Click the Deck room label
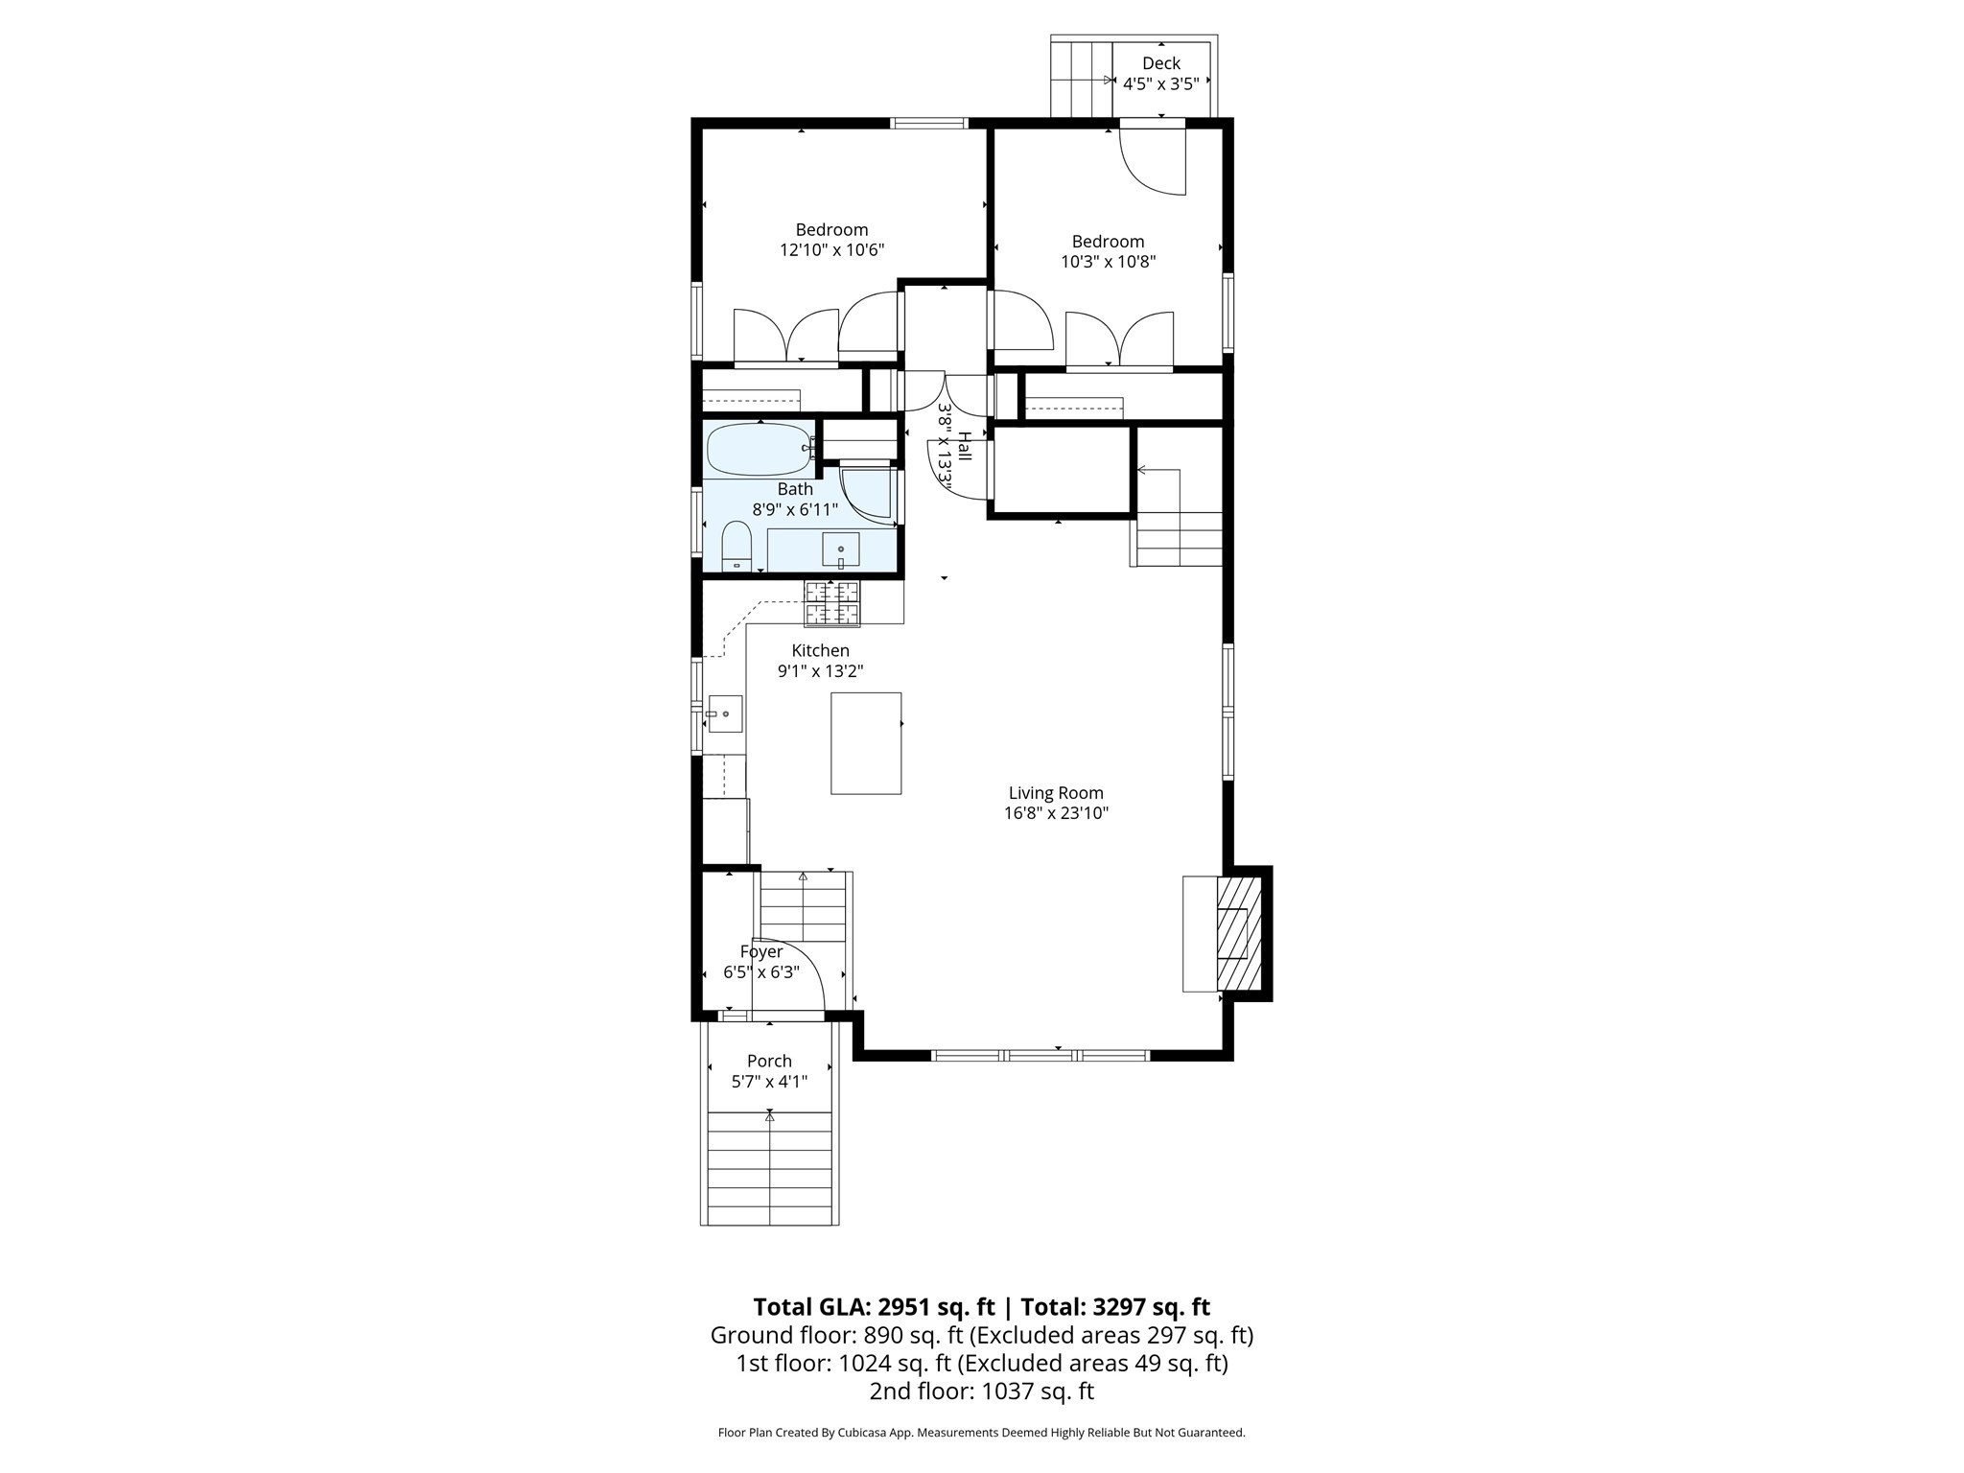1160,63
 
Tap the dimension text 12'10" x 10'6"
831,250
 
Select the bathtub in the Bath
759,449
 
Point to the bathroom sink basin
841,550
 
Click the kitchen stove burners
831,603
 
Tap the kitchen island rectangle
865,743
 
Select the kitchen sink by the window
725,713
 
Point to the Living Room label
1055,793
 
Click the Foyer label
761,951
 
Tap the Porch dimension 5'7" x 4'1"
769,1082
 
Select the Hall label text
964,446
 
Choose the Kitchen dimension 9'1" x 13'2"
820,671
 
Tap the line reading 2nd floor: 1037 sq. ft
981,1391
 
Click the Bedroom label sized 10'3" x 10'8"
1108,242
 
